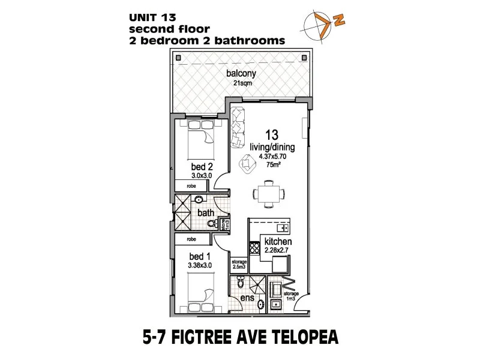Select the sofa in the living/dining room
[x=238, y=126]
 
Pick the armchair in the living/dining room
[x=247, y=162]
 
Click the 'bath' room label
[x=206, y=212]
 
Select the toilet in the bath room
[x=211, y=224]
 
